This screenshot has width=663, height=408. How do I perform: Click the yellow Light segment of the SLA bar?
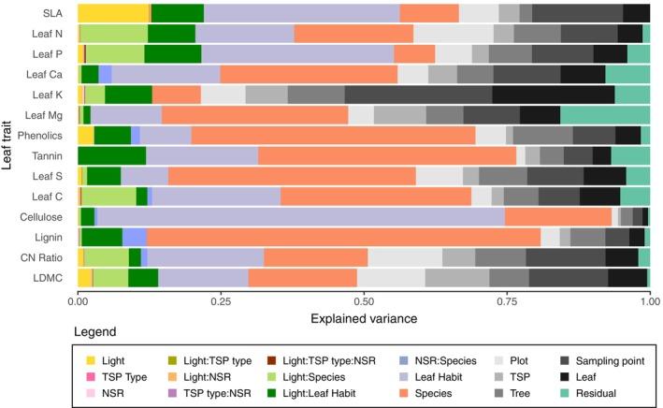pyautogui.click(x=113, y=12)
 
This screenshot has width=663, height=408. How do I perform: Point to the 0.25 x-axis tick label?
pyautogui.click(x=221, y=303)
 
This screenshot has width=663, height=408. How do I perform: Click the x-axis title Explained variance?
pyautogui.click(x=364, y=319)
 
